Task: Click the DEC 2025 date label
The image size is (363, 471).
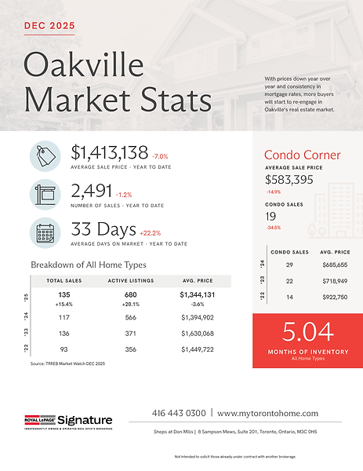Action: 50,25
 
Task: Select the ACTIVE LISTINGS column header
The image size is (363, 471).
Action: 131,280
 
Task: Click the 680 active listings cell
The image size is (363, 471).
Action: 131,295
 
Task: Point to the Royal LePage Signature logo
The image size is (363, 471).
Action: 68,422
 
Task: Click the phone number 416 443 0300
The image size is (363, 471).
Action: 179,414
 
